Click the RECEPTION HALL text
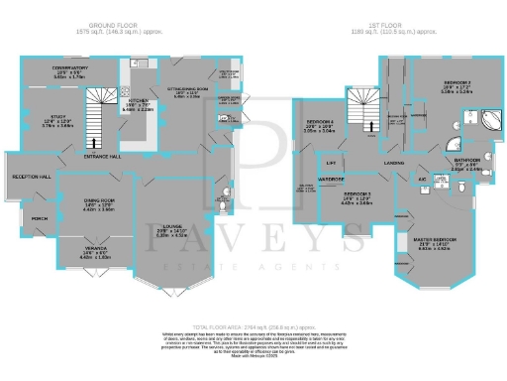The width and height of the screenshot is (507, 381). click(31, 176)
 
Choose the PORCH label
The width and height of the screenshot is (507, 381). click(40, 218)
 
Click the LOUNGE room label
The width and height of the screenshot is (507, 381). click(172, 228)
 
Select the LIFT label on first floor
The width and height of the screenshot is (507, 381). click(331, 161)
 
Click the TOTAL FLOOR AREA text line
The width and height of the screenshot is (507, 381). click(253, 326)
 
